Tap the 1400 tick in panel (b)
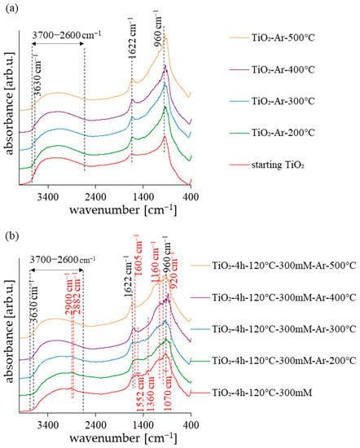(143, 424)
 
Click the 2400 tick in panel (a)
(96, 195)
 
